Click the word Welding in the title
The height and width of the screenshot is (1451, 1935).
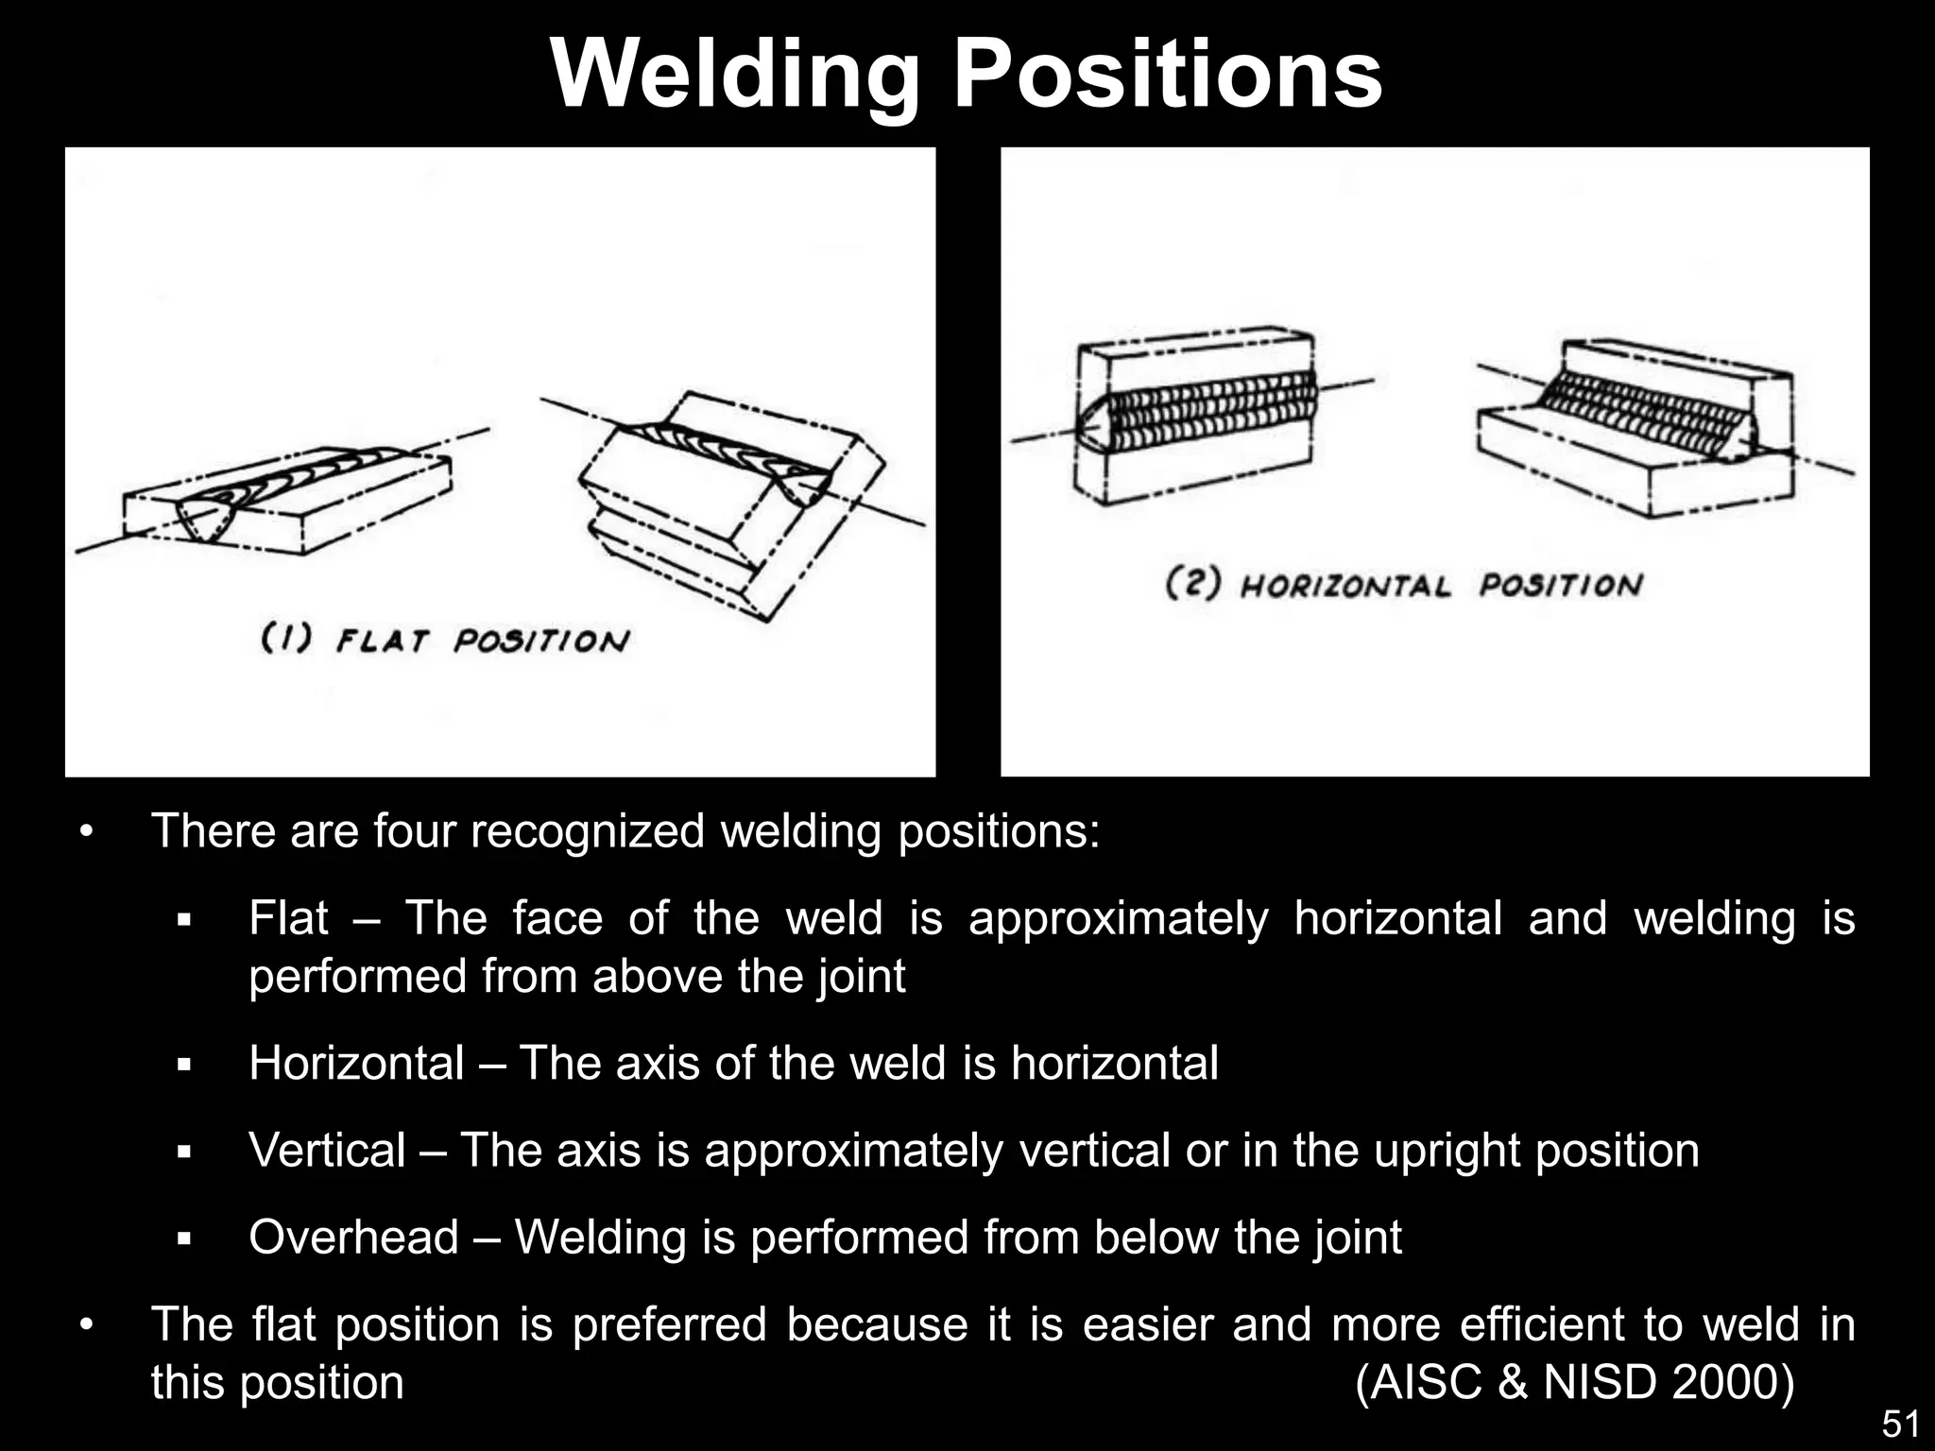735,76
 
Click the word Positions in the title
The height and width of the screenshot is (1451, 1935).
1168,76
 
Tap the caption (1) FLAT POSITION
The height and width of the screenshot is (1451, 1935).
444,641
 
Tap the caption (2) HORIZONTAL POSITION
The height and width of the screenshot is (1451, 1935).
1404,585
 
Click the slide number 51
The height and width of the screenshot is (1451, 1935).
1900,1424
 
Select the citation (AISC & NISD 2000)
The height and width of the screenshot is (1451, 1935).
1574,1383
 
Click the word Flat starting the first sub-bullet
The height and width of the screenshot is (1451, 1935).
288,918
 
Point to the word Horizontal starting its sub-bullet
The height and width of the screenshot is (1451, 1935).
356,1064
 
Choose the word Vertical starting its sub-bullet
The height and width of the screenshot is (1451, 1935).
327,1151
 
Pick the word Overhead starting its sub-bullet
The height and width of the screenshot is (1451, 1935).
353,1238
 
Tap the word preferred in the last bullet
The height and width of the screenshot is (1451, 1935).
669,1324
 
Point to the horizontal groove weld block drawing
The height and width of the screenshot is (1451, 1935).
1196,416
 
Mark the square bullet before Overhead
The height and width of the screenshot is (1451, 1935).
184,1238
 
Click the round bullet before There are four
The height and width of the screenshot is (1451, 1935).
87,832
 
